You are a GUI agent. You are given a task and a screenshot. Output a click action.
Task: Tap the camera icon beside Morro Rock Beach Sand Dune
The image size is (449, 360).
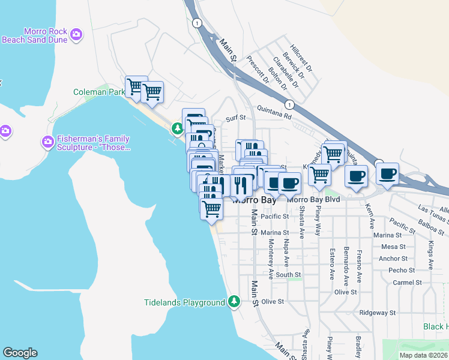(x=76, y=35)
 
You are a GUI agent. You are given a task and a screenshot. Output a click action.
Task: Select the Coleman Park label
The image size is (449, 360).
(x=98, y=92)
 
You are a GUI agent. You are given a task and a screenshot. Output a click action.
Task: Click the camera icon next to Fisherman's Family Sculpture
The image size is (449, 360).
(x=47, y=142)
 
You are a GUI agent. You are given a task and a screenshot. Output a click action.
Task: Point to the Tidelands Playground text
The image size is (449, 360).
(x=184, y=302)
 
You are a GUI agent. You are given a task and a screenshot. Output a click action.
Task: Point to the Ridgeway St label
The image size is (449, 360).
(x=377, y=313)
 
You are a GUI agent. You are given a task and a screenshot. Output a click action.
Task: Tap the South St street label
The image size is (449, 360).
(x=288, y=275)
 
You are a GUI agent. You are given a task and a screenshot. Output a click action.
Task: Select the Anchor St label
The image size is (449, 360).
(x=394, y=259)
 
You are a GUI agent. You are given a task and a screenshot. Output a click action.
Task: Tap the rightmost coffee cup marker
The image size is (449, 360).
(x=387, y=173)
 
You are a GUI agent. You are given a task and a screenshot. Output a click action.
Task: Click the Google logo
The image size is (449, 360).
(x=20, y=353)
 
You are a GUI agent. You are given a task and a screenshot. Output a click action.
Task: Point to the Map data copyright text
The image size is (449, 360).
(x=424, y=355)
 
